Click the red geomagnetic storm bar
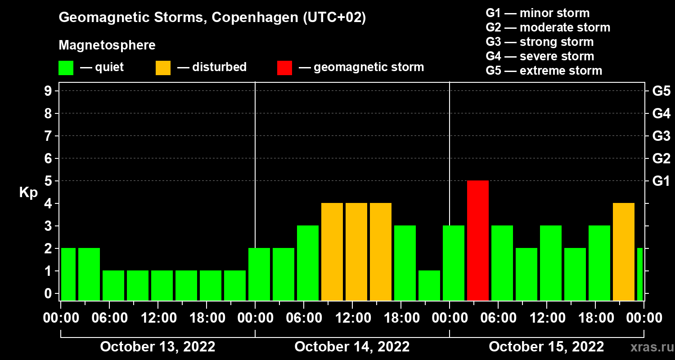click(x=478, y=240)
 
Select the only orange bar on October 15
click(x=624, y=252)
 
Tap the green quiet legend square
click(x=66, y=68)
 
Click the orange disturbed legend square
click(x=163, y=68)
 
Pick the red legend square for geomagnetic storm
click(x=284, y=68)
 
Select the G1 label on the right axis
click(x=661, y=181)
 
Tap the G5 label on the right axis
click(x=661, y=91)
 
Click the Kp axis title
click(x=28, y=193)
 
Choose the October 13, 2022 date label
click(x=157, y=347)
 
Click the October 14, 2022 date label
click(x=352, y=347)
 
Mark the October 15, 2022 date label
click(x=546, y=347)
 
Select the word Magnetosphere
click(x=107, y=45)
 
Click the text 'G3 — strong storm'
click(x=540, y=42)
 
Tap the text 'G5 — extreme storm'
click(x=544, y=71)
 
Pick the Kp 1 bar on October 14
click(x=429, y=285)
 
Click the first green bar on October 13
click(x=68, y=274)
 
